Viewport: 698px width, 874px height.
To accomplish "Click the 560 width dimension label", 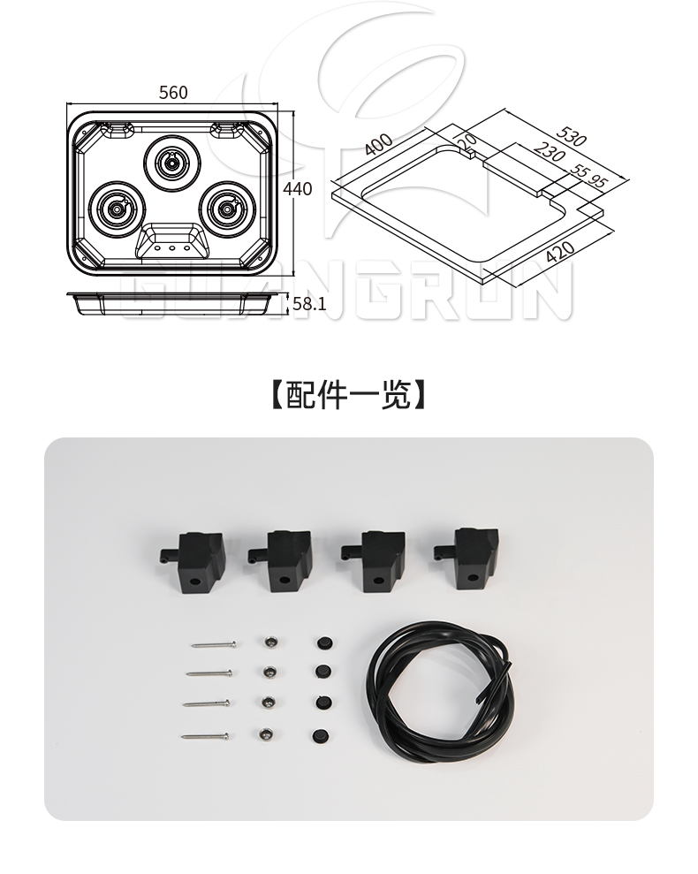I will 173,93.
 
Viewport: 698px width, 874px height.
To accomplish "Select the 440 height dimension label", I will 298,188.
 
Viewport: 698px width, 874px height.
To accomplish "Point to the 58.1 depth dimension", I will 309,304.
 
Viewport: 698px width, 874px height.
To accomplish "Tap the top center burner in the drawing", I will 170,162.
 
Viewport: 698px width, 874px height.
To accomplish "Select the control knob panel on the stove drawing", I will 172,240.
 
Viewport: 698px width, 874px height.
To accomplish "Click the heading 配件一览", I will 348,395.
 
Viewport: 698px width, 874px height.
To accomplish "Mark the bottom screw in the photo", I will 205,734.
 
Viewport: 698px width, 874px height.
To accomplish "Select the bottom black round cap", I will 319,734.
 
